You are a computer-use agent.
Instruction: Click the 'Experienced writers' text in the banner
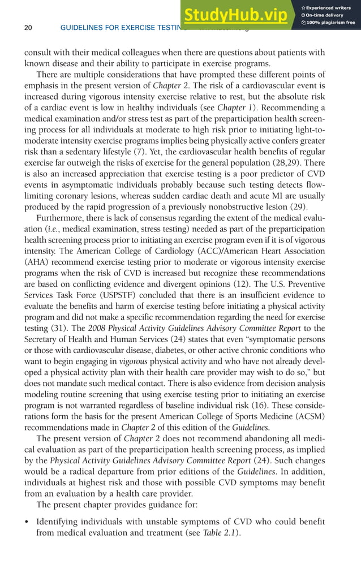[x=328, y=7]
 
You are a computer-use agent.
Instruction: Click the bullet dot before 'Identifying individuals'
[x=27, y=521]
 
